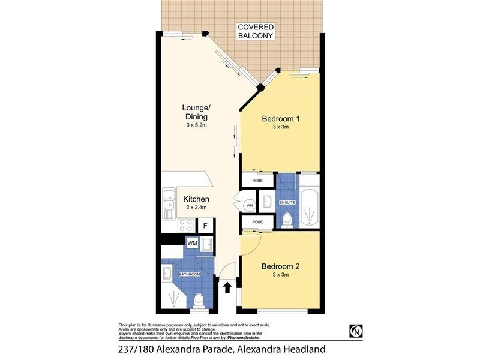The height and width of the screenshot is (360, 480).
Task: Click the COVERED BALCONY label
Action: (x=256, y=31)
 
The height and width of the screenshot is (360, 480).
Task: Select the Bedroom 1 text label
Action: (x=281, y=119)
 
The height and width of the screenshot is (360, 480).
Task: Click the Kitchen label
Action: (x=196, y=199)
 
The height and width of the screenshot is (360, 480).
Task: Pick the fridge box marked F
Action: (x=205, y=226)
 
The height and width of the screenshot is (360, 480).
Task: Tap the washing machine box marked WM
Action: (x=192, y=243)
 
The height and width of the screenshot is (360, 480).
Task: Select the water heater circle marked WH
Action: (x=249, y=205)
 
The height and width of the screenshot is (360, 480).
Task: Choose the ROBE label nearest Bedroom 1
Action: (x=250, y=179)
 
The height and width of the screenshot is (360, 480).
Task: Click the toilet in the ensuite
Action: (x=287, y=220)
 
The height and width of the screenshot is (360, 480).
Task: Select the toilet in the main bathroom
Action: (x=199, y=299)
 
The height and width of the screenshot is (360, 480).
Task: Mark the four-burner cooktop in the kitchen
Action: (x=186, y=226)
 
